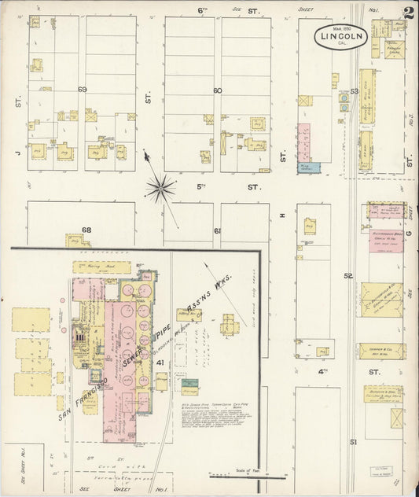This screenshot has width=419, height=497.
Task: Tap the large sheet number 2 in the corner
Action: [x=406, y=13]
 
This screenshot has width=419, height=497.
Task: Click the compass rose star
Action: [x=160, y=187]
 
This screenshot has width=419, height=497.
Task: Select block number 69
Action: [x=83, y=90]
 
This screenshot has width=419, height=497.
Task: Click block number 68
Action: [x=86, y=230]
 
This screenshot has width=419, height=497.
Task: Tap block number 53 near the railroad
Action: [x=355, y=92]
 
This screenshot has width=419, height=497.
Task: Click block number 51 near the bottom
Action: [x=353, y=442]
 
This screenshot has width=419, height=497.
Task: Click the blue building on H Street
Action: [x=307, y=168]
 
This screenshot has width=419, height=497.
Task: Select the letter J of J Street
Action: [x=15, y=142]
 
